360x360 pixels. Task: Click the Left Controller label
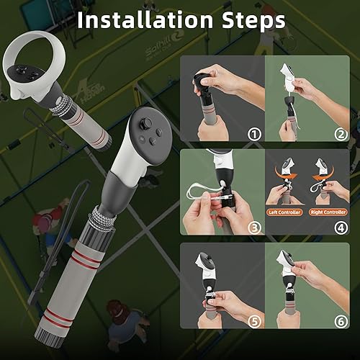coord(284,212)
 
